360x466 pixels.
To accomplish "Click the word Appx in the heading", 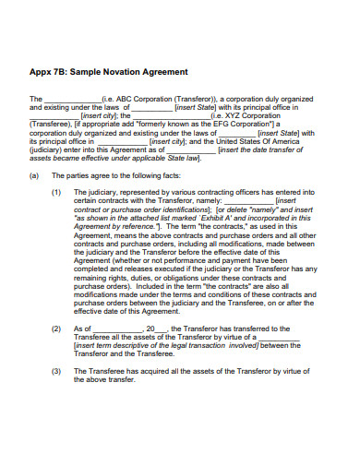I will coord(42,71).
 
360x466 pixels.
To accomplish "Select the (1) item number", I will coord(56,192).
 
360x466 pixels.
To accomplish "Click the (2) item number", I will coord(56,328).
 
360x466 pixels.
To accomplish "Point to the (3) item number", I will coord(56,371).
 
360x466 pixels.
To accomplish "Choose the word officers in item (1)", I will coord(245,192).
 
